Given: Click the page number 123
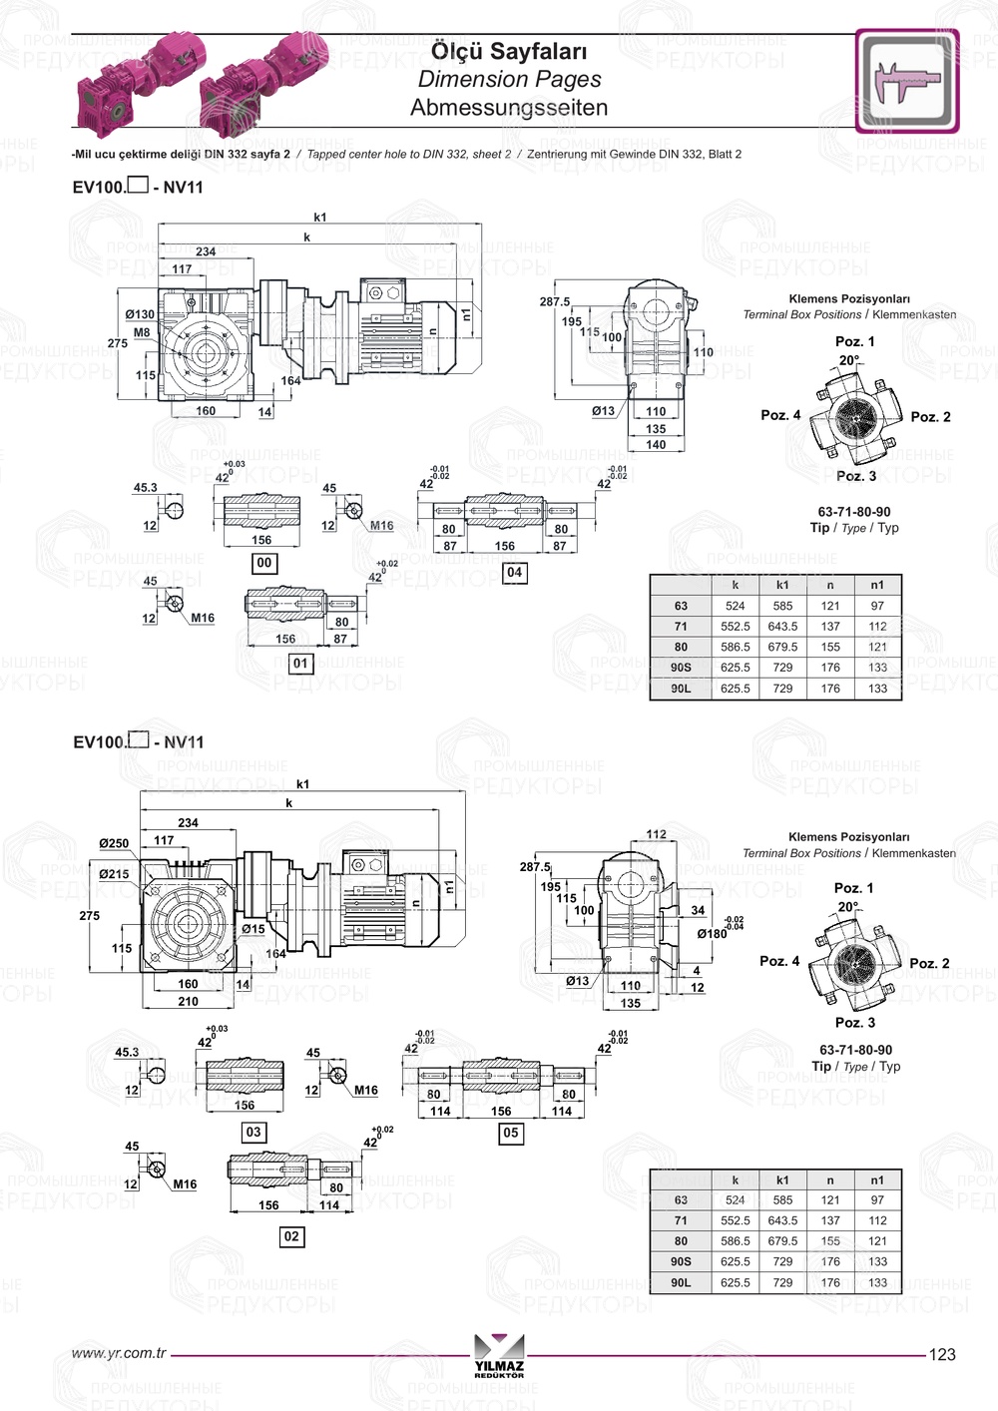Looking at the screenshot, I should [941, 1354].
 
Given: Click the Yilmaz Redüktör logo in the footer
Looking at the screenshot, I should [499, 1355].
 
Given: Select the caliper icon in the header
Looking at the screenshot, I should [906, 81].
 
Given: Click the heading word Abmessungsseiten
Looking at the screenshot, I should [509, 108].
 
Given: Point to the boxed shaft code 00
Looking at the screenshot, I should [263, 563].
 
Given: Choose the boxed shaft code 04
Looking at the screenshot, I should [514, 572].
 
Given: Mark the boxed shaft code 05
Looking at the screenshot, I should [510, 1133].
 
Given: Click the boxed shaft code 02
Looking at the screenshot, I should [290, 1236].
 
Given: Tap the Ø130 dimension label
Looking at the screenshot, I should [140, 314].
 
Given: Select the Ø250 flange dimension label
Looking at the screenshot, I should [114, 843].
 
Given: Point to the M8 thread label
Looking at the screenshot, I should [142, 332].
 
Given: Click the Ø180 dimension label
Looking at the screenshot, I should [712, 934].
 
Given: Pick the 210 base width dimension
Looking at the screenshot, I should [188, 1001].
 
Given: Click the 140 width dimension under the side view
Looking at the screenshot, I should [655, 445].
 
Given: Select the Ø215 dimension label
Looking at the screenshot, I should [114, 874].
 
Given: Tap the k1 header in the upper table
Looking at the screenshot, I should [782, 585].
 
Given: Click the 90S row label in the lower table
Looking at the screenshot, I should [681, 1261].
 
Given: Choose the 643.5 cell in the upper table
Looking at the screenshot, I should [782, 627].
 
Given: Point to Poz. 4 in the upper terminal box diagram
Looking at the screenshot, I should [780, 415].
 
